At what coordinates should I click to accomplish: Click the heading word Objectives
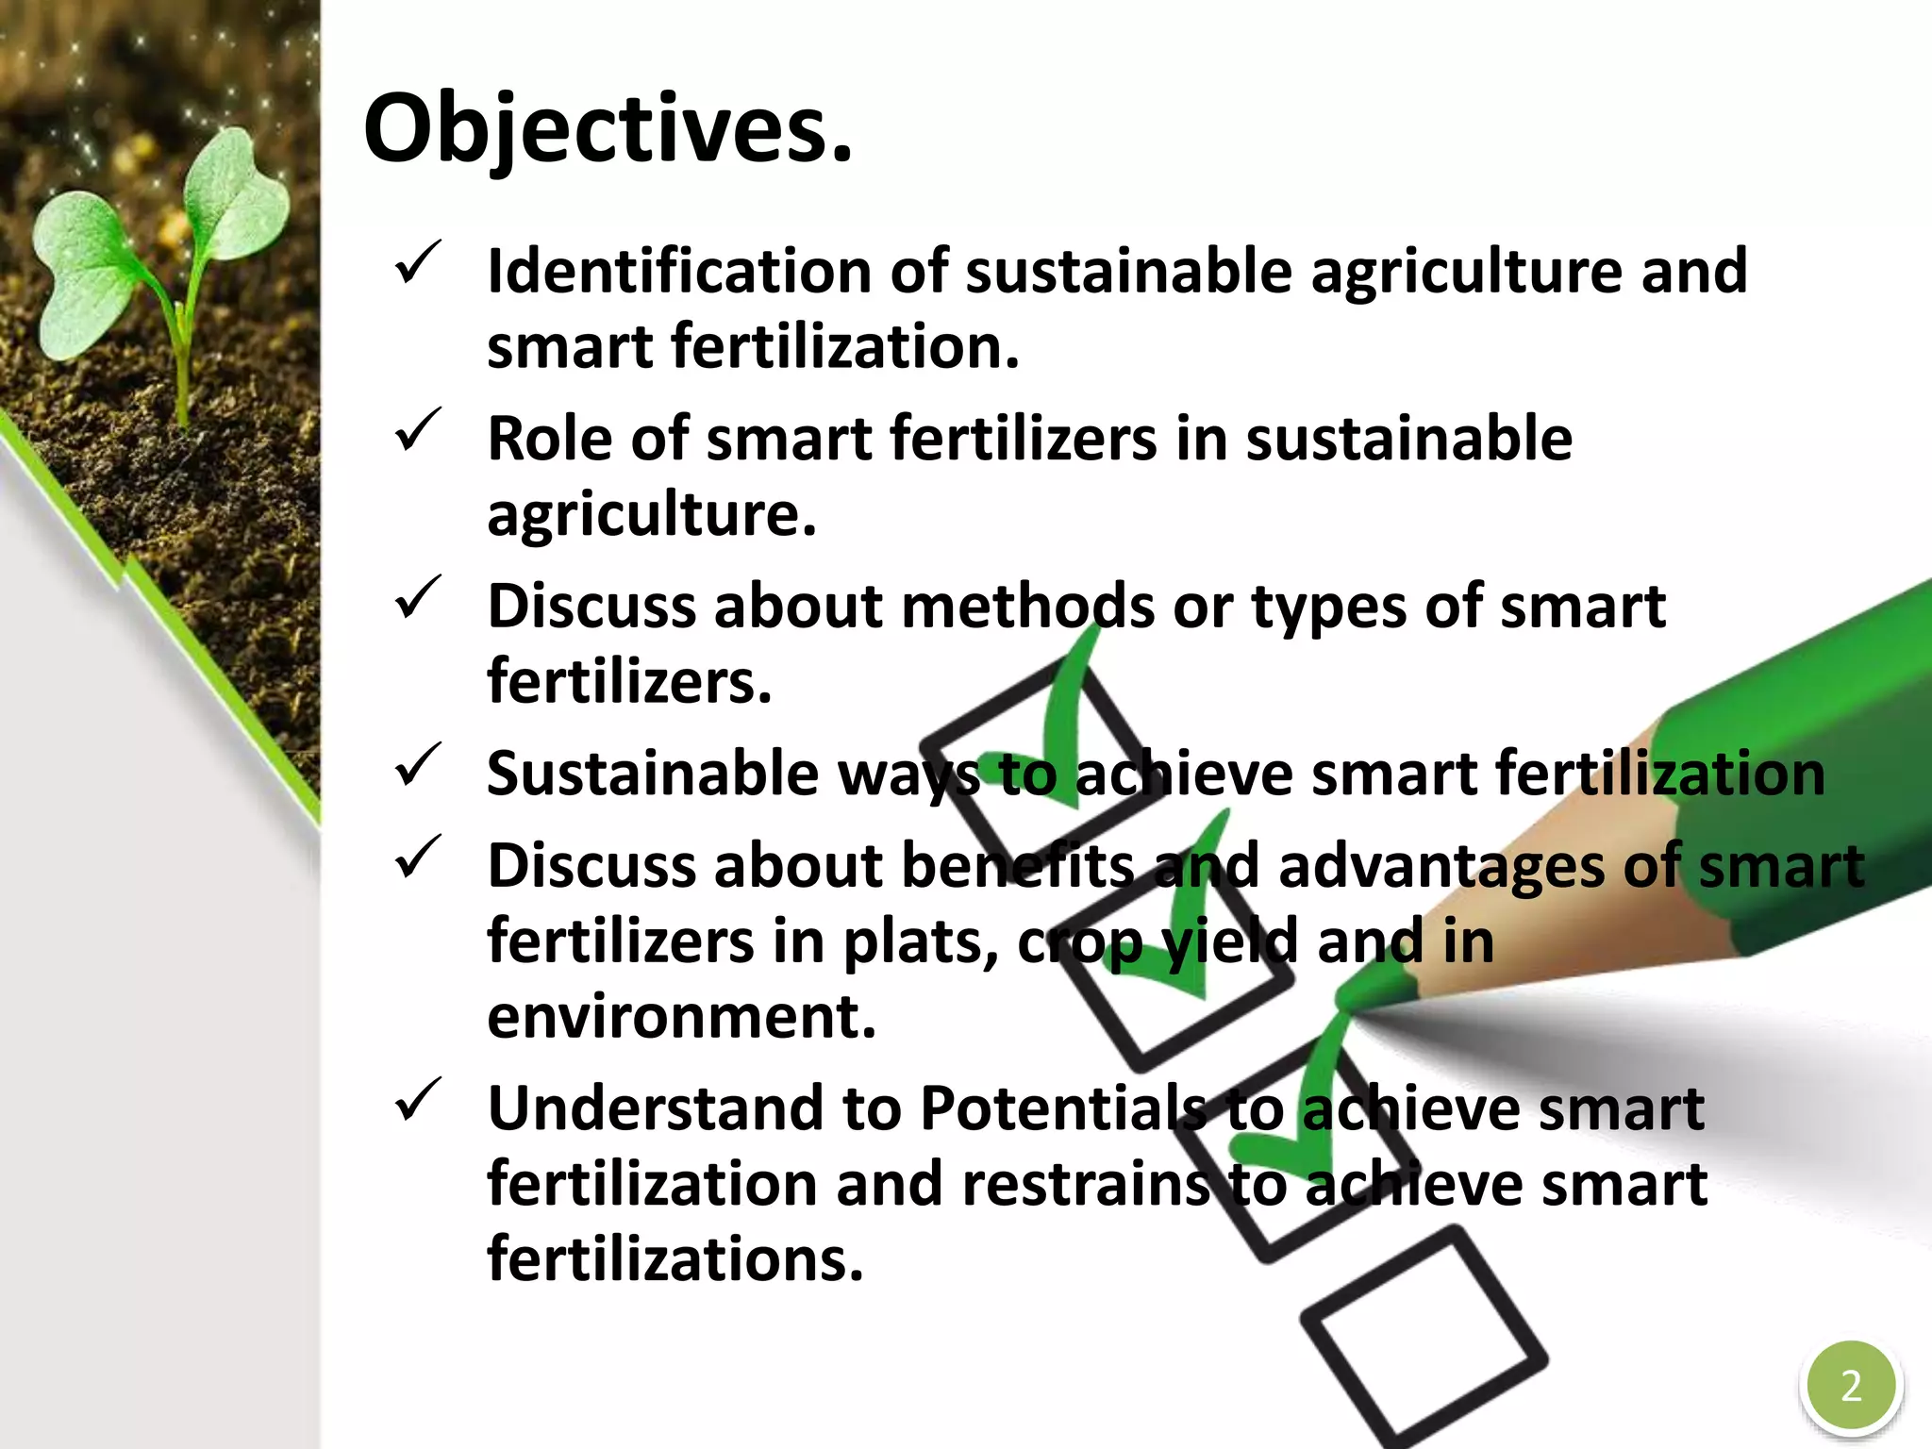click(608, 130)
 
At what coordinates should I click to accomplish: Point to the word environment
click(681, 1017)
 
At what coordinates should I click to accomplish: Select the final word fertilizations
click(675, 1259)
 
